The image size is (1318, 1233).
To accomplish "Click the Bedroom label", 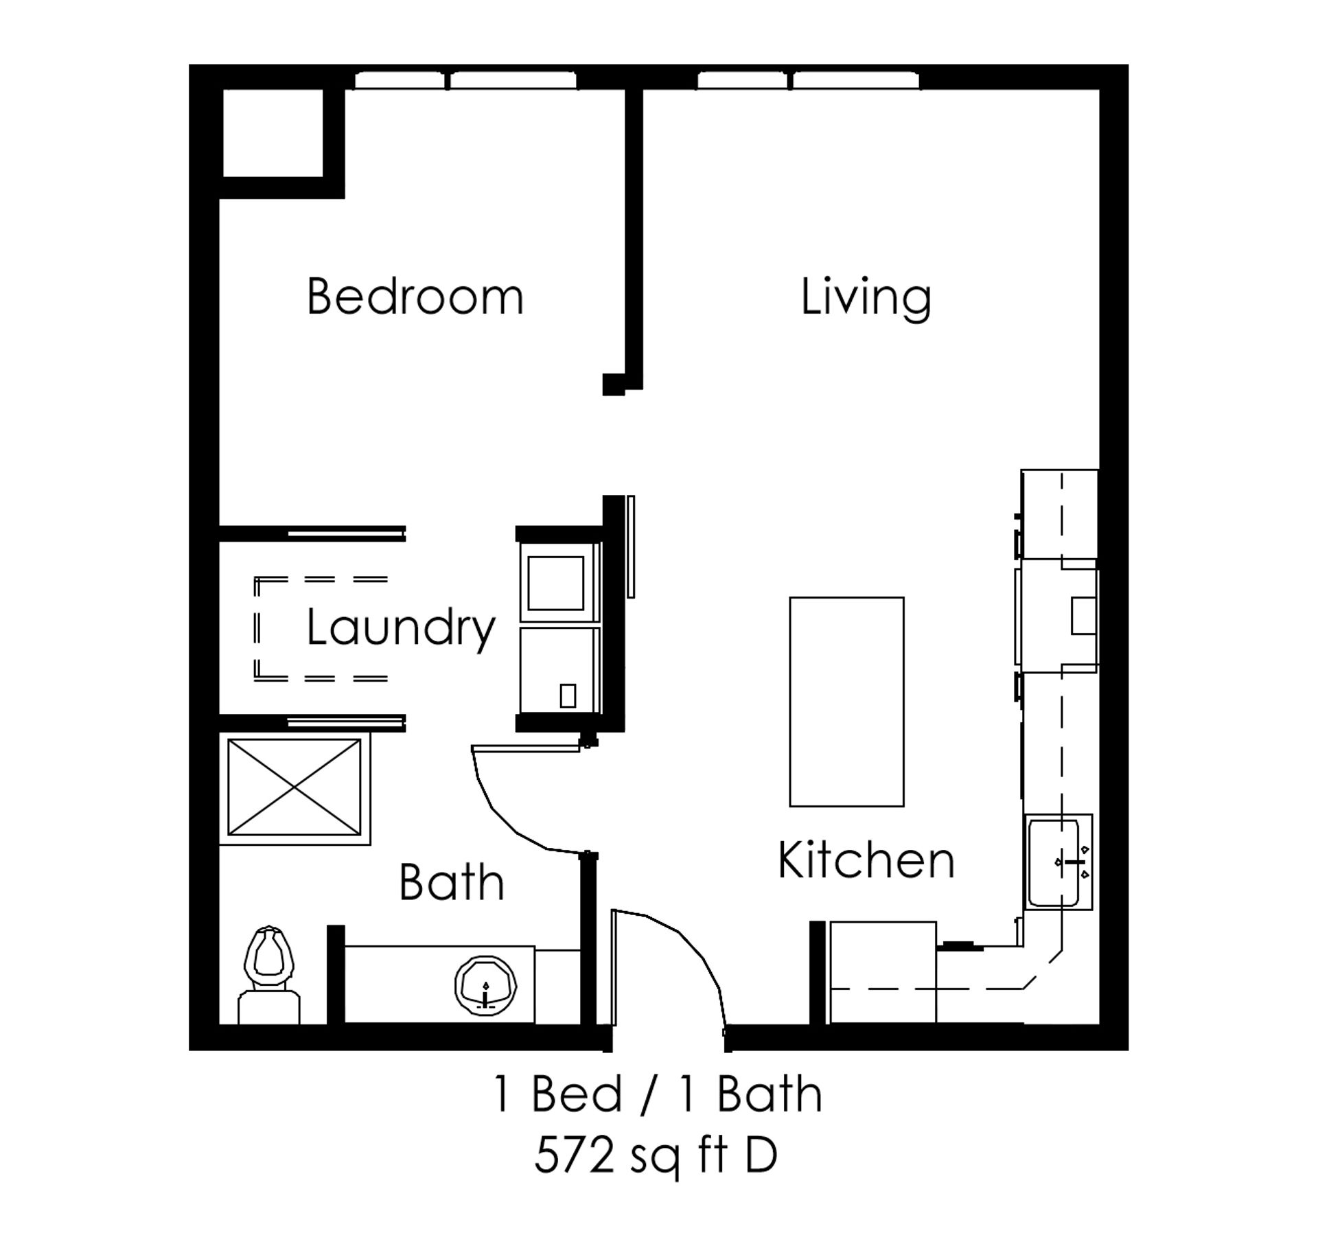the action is [x=415, y=297].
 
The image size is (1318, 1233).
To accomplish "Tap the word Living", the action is [x=866, y=298].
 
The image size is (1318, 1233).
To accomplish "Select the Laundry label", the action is [x=400, y=627].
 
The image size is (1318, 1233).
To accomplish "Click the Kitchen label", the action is [x=866, y=860].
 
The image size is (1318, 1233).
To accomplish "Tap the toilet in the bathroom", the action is [x=269, y=975].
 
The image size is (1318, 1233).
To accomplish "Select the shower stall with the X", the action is [x=294, y=787].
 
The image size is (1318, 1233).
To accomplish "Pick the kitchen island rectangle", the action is [x=846, y=702].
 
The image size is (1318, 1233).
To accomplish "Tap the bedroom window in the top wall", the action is [x=465, y=81].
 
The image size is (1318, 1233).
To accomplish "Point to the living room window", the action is [x=809, y=81].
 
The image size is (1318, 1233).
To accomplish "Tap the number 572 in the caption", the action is [x=574, y=1155].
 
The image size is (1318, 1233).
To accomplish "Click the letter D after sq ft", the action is [x=761, y=1155].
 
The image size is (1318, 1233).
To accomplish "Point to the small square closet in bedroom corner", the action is [x=273, y=132].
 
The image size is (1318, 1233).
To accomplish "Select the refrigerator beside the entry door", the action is [x=883, y=972].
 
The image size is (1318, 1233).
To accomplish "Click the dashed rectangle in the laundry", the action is [x=321, y=629].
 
